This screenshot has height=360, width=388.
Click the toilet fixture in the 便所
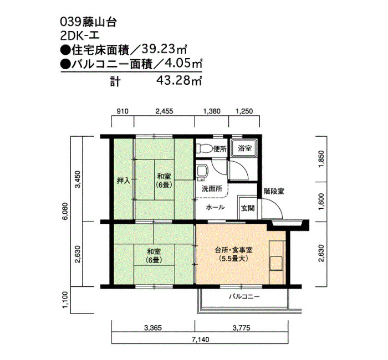pyautogui.click(x=204, y=148)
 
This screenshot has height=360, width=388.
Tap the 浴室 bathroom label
pyautogui.click(x=245, y=148)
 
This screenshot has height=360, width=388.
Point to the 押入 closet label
pyautogui.click(x=123, y=181)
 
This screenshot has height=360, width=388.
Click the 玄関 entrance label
pyautogui.click(x=248, y=208)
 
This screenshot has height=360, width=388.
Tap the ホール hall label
pyautogui.click(x=215, y=207)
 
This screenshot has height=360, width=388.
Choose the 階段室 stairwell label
pyautogui.click(x=274, y=191)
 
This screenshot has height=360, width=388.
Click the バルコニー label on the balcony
pyautogui.click(x=244, y=296)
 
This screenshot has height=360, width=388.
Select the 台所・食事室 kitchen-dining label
pyautogui.click(x=233, y=250)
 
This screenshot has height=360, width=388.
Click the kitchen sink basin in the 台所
pyautogui.click(x=276, y=263)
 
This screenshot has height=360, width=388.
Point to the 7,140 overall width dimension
pyautogui.click(x=200, y=340)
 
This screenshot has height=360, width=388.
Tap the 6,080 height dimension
pyautogui.click(x=65, y=212)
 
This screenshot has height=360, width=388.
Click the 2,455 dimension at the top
pyautogui.click(x=164, y=111)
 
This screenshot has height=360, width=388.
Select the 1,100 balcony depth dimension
pyautogui.click(x=65, y=300)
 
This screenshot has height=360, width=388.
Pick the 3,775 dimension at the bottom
pyautogui.click(x=241, y=328)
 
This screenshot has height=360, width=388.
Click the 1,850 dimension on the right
pyautogui.click(x=321, y=159)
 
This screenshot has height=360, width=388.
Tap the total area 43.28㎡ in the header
pyautogui.click(x=180, y=80)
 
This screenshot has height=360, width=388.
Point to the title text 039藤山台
pyautogui.click(x=88, y=22)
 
